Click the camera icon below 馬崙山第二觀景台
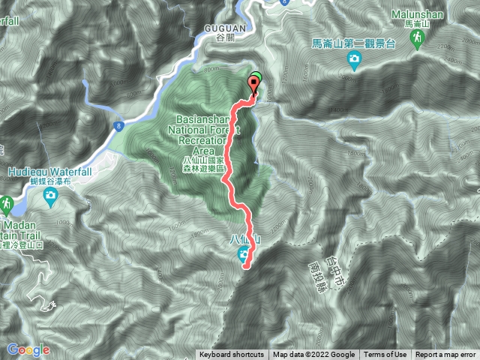[353, 61]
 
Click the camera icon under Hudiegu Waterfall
[50, 197]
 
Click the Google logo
[28, 349]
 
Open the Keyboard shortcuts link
[231, 355]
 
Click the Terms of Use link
[385, 355]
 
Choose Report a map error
[445, 355]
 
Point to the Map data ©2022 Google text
[313, 355]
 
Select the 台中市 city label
[325, 242]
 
